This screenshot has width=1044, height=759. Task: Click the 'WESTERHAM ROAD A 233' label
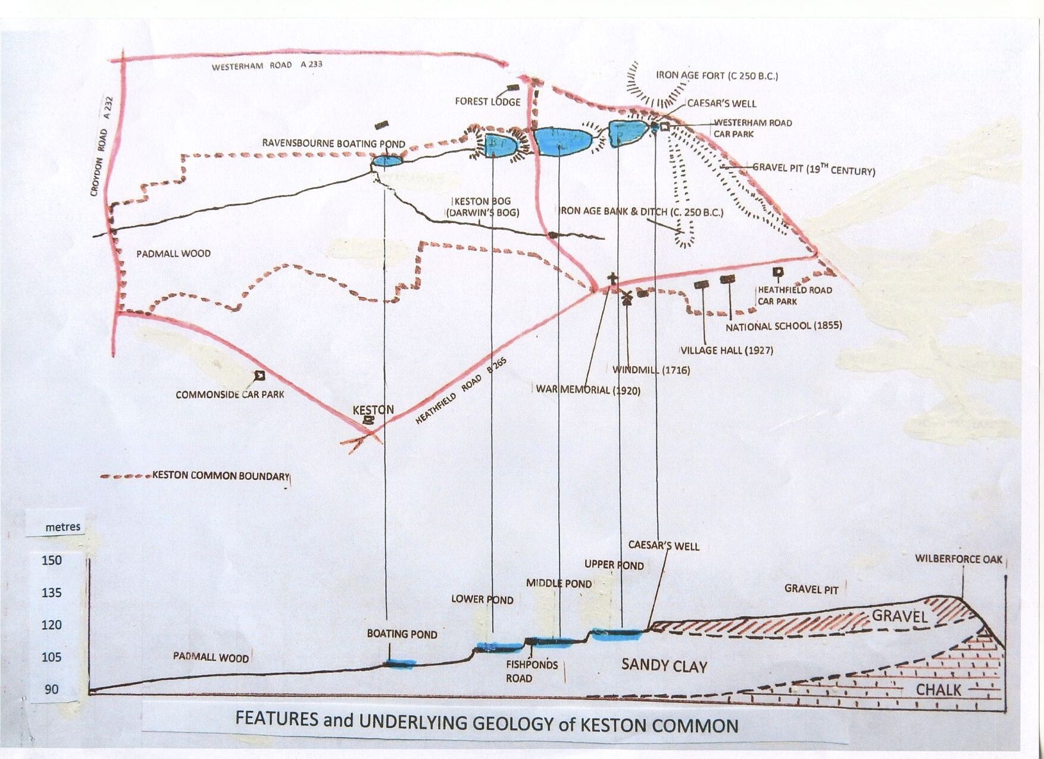tap(267, 65)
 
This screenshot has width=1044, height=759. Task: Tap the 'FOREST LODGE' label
tap(487, 102)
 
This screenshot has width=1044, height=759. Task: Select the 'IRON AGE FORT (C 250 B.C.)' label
tap(717, 76)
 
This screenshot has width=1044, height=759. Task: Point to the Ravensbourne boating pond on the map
tap(387, 161)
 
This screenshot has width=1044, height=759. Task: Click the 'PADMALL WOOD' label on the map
tap(173, 254)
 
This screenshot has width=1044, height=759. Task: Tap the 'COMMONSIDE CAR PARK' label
tap(230, 394)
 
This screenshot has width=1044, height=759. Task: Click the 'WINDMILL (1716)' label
tap(651, 370)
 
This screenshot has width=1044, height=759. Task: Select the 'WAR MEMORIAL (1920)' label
tap(588, 390)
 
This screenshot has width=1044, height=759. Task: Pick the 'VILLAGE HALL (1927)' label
tap(727, 350)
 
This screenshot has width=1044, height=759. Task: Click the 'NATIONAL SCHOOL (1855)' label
tap(784, 326)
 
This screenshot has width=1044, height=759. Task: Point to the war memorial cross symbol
tap(612, 279)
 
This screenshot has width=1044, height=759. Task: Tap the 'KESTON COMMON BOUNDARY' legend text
tap(221, 476)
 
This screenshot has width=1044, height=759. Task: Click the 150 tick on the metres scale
tap(51, 560)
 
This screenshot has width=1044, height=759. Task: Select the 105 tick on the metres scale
tap(51, 657)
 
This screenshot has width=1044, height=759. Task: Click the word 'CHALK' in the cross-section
tap(939, 690)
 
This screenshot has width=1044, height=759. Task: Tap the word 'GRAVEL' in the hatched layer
tap(900, 616)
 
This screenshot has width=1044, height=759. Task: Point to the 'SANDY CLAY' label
tap(664, 666)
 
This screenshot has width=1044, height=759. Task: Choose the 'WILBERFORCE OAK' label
tap(959, 559)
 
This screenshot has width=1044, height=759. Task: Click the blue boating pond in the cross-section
tap(399, 663)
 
